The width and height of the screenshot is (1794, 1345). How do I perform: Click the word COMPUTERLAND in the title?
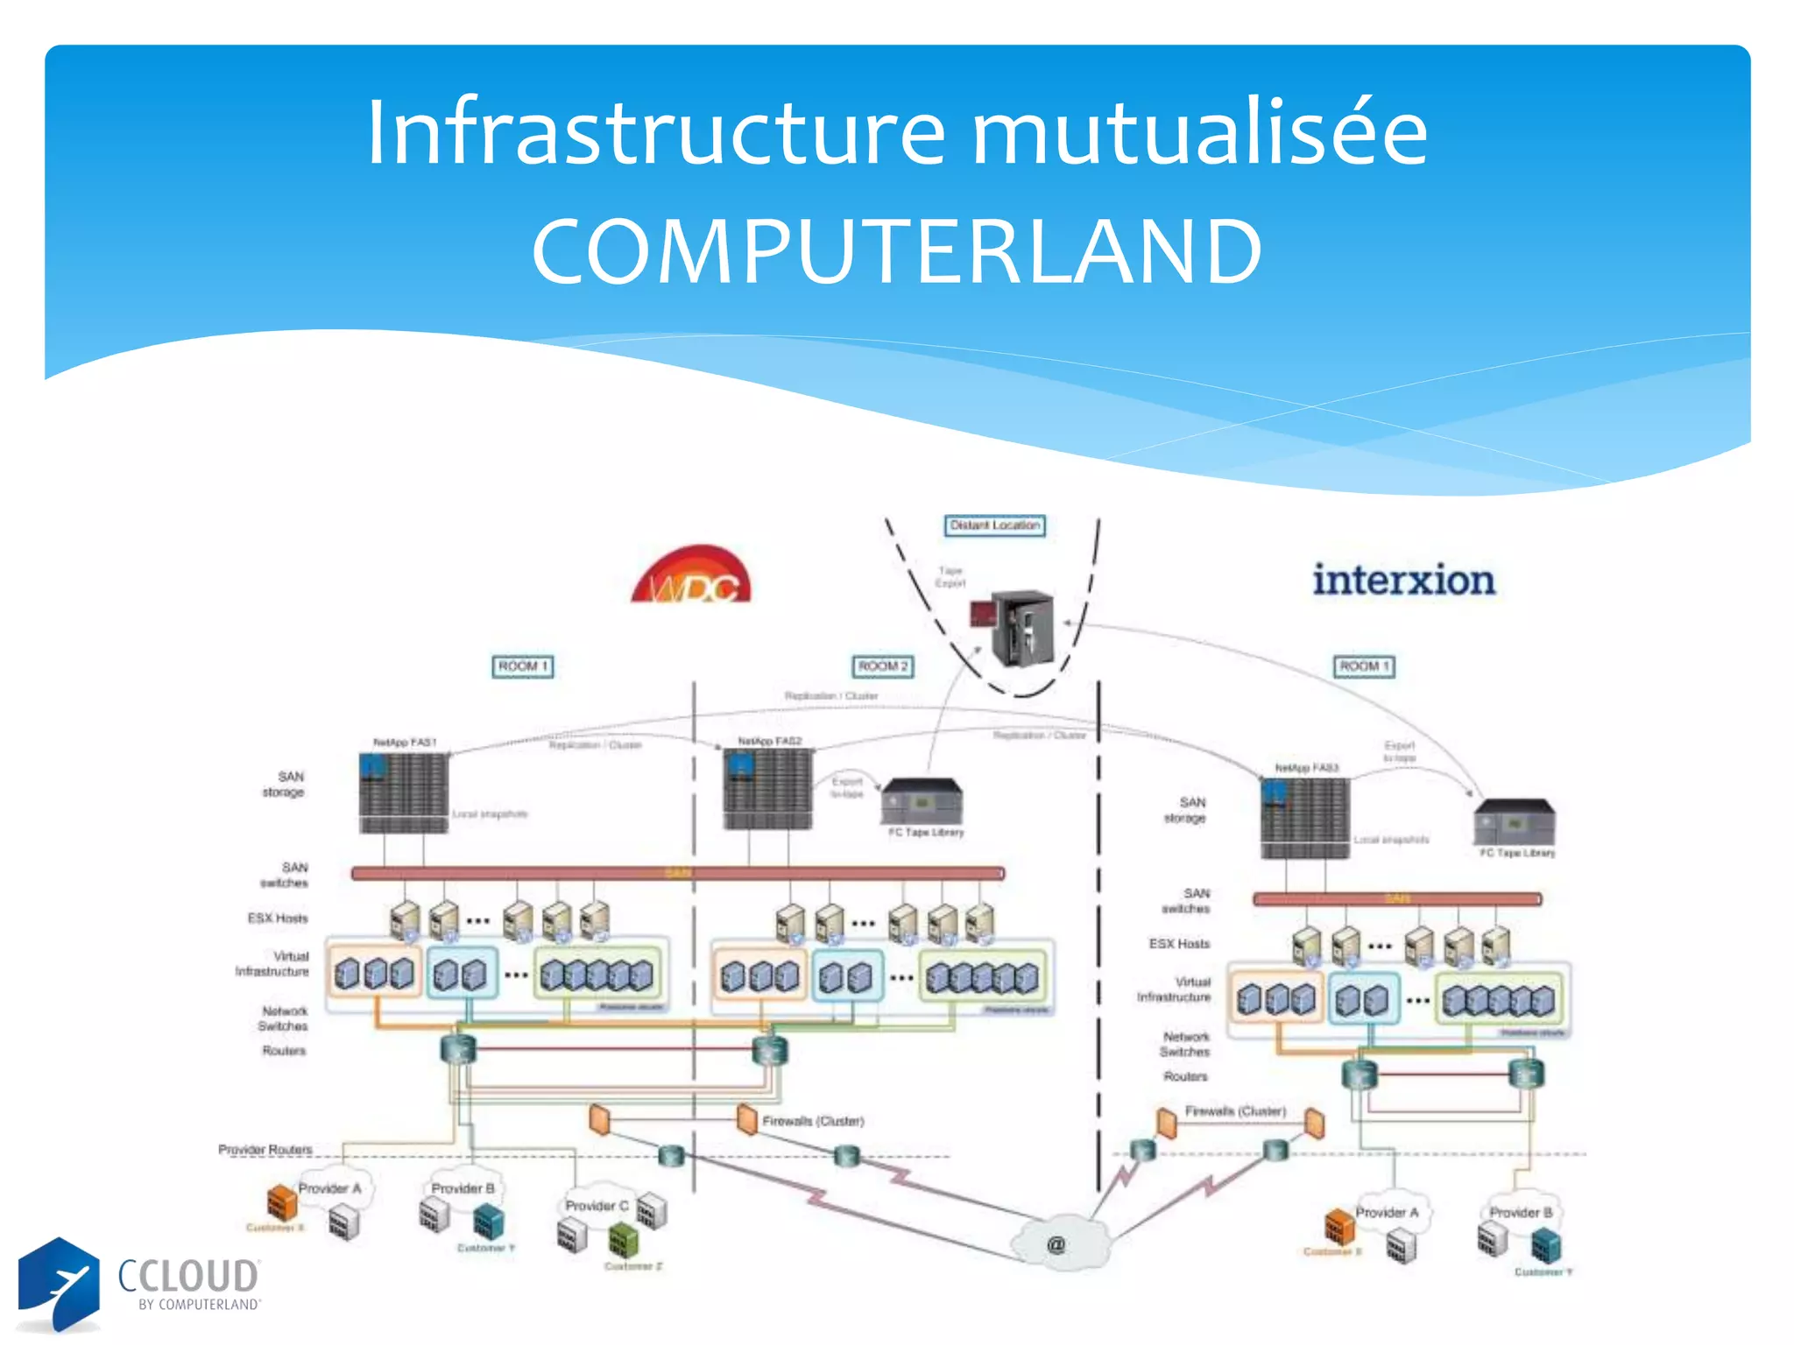(x=896, y=252)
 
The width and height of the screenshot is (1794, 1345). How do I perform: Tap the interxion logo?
(x=1403, y=581)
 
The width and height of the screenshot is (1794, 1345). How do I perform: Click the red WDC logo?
(x=692, y=577)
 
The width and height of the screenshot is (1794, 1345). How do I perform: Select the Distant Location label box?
(x=994, y=525)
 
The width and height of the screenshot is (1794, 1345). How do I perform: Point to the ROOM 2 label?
(x=883, y=666)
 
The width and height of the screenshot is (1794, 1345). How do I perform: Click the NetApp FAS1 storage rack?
(x=404, y=792)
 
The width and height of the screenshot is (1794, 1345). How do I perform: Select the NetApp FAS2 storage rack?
(x=767, y=790)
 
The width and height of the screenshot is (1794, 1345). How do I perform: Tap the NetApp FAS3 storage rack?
(x=1305, y=818)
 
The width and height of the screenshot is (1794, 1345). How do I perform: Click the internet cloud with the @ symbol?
(x=1058, y=1243)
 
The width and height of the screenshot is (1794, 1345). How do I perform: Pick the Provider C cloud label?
(x=597, y=1206)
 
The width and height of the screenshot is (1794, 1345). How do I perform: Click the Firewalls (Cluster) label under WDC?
(x=813, y=1121)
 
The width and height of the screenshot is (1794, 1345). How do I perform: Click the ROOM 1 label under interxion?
(x=1364, y=666)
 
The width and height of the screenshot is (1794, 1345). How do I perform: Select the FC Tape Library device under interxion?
(x=1515, y=822)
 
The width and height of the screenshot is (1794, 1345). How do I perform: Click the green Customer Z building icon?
(x=624, y=1240)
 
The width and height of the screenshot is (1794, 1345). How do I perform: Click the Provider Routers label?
(x=265, y=1149)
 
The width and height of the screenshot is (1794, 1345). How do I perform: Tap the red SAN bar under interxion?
(x=1396, y=898)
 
